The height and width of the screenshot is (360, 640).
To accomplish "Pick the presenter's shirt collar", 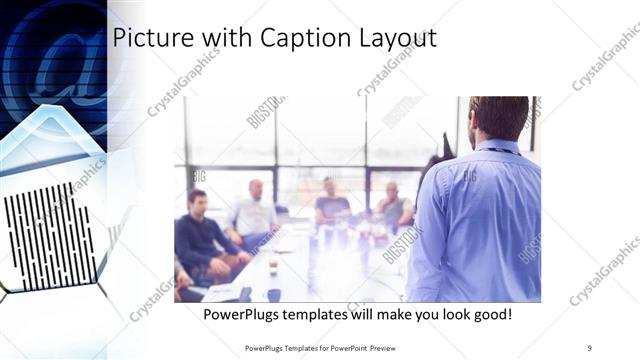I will point(496,147).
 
